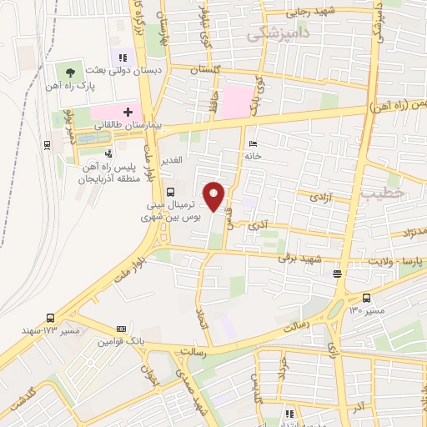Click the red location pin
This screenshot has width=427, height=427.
tap(215, 197)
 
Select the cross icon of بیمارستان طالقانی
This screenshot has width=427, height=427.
tap(128, 112)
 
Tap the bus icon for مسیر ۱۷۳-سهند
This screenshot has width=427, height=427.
tap(52, 318)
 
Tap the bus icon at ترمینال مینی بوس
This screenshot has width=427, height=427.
tap(170, 191)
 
